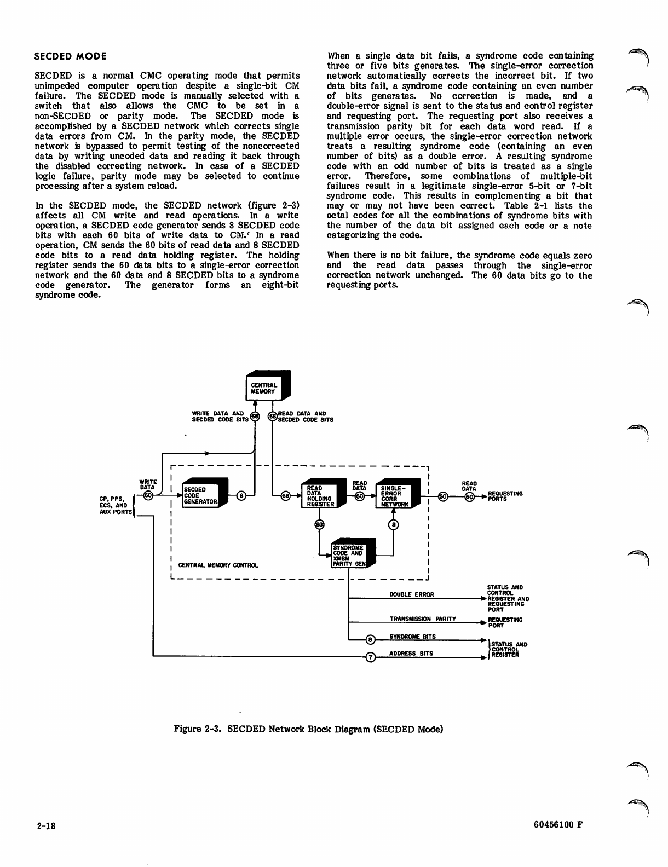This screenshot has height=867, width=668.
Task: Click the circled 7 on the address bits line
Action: pyautogui.click(x=370, y=657)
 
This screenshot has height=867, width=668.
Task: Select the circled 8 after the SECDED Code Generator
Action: pyautogui.click(x=241, y=496)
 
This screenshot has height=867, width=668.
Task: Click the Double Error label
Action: pyautogui.click(x=411, y=594)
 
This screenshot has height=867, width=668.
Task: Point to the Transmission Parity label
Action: pyautogui.click(x=423, y=619)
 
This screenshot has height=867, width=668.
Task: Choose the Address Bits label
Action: pyautogui.click(x=411, y=653)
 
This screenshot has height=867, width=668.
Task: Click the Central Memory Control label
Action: pyautogui.click(x=218, y=565)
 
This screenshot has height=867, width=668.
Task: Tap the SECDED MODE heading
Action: pyautogui.click(x=70, y=56)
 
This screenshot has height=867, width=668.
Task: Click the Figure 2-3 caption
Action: pyautogui.click(x=308, y=729)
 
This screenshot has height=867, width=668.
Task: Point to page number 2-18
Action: pyautogui.click(x=47, y=825)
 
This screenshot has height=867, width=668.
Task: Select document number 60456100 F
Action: pyautogui.click(x=557, y=825)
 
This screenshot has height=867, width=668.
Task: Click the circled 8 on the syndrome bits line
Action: pyautogui.click(x=370, y=640)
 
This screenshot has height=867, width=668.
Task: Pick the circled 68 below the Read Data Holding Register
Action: pyautogui.click(x=320, y=524)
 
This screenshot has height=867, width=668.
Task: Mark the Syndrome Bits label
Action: pyautogui.click(x=412, y=637)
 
